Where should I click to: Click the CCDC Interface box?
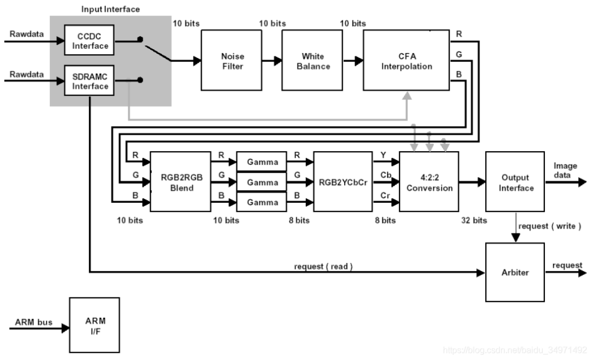click(x=90, y=41)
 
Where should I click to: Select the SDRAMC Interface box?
click(x=90, y=81)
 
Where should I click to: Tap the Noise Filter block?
click(x=233, y=61)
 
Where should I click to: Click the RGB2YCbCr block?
click(x=343, y=182)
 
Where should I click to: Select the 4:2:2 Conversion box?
click(x=429, y=182)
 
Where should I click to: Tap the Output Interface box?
click(x=515, y=182)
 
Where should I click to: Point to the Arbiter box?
click(x=515, y=272)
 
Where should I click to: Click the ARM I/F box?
click(x=94, y=325)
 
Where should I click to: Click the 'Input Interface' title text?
click(x=110, y=9)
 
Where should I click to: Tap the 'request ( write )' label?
click(x=549, y=226)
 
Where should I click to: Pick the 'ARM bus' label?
click(x=35, y=322)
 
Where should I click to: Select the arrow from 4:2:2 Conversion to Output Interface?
click(x=472, y=181)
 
